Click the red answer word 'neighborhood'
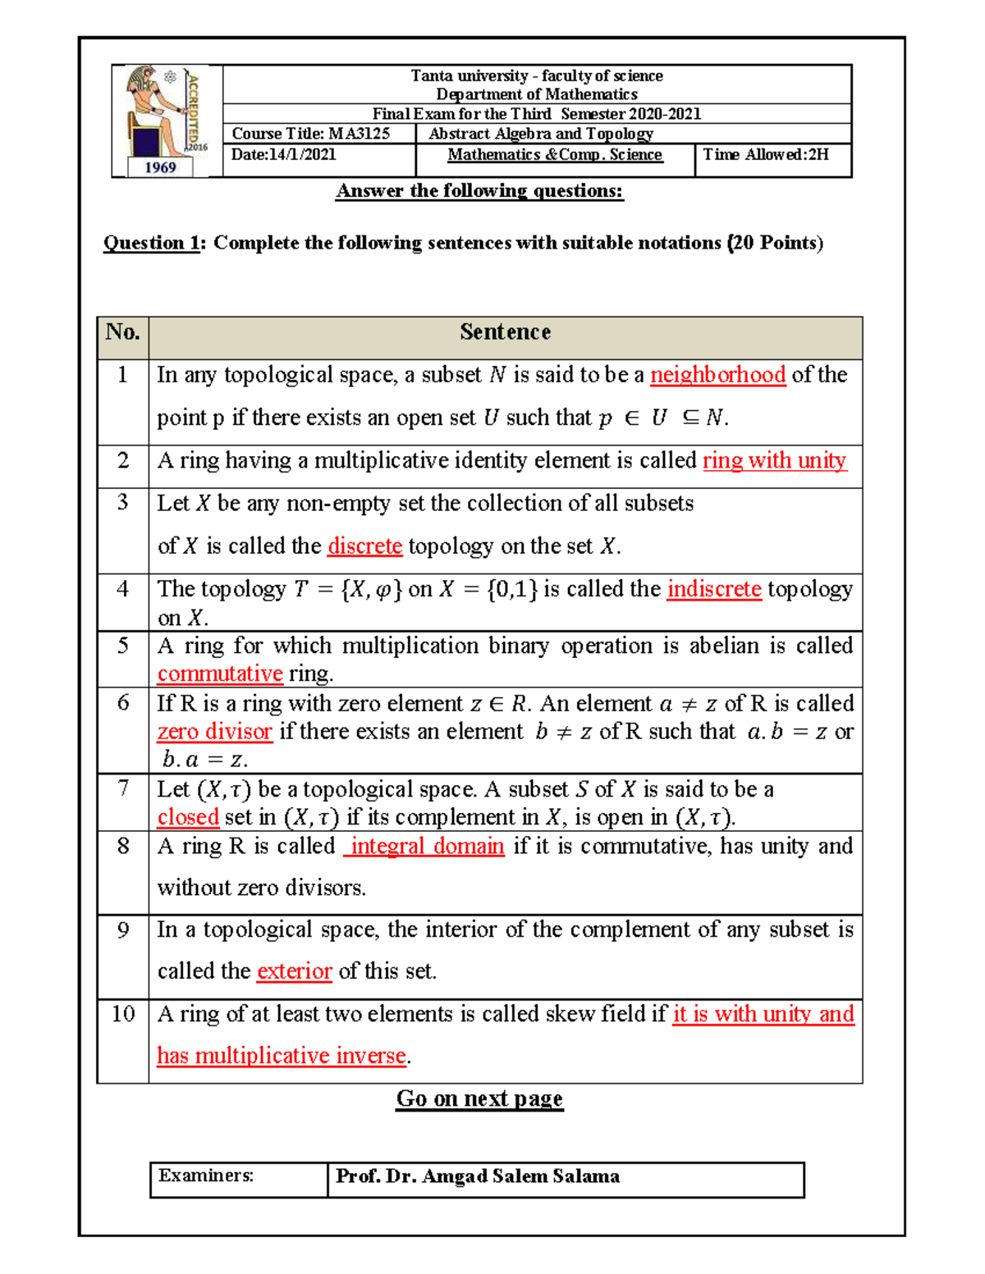pos(717,375)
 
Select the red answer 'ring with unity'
pos(774,460)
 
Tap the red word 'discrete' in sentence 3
pos(364,546)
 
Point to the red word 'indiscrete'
pos(714,589)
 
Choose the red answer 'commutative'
pos(220,674)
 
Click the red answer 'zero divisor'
pos(214,731)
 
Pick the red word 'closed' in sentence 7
pos(188,817)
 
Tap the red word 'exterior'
pos(294,971)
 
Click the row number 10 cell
pos(123,1014)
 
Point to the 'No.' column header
pos(123,332)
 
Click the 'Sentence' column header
pos(505,332)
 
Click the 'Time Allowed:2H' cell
pos(766,154)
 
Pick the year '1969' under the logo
pos(161,167)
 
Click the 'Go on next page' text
pos(479,1098)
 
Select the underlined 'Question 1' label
pos(151,243)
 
